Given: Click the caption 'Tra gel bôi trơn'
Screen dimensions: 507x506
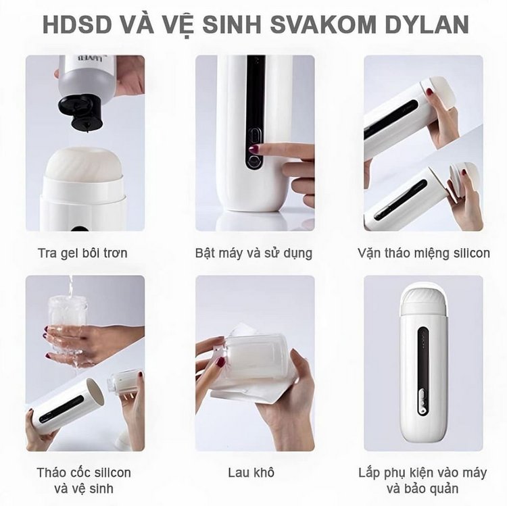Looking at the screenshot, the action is (x=82, y=253).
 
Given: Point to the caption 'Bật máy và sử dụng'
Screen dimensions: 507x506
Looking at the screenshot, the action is (x=254, y=253).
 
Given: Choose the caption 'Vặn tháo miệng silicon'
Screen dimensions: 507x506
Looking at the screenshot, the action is (x=424, y=253).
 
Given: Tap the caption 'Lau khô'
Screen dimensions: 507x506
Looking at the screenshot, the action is (x=251, y=472).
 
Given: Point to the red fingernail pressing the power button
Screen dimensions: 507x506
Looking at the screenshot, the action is (x=254, y=149).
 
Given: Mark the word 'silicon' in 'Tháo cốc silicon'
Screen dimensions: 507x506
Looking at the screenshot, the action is (x=112, y=472).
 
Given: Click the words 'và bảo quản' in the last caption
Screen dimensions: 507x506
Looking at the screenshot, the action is (x=422, y=488).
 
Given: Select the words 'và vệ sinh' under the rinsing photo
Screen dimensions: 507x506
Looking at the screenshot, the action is (x=83, y=488).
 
